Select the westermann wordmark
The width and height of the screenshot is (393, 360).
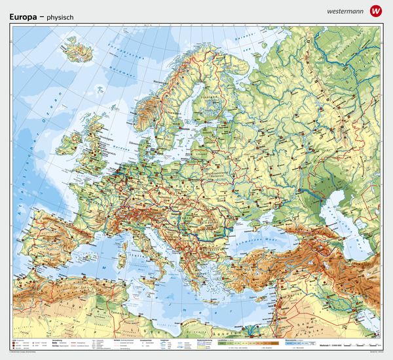(343, 11)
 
